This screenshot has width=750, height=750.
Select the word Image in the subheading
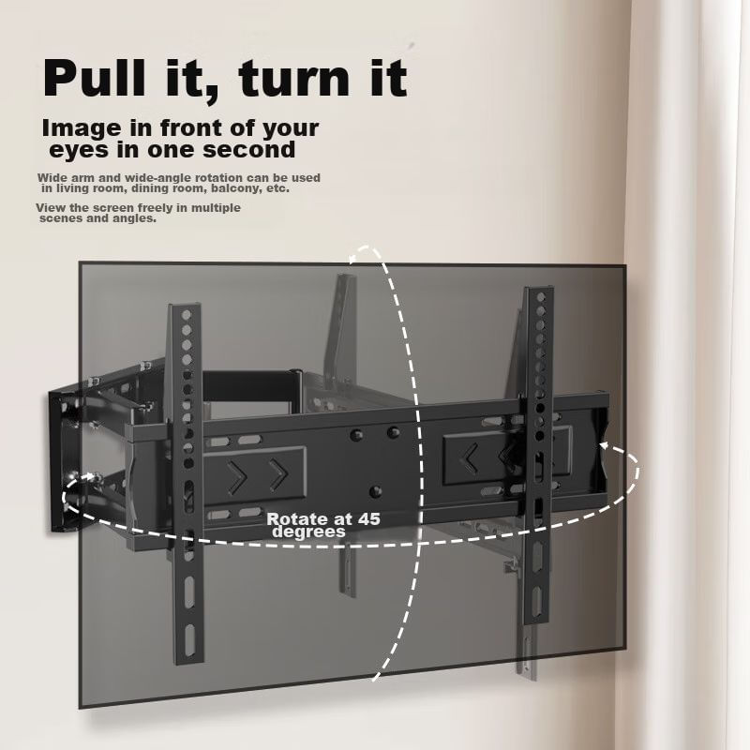[x=82, y=129]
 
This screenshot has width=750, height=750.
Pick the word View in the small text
[x=51, y=208]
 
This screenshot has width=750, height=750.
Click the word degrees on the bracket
[x=308, y=532]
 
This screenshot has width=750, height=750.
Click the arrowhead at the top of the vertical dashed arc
[x=353, y=259]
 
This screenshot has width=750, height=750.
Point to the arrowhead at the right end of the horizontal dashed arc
[x=605, y=445]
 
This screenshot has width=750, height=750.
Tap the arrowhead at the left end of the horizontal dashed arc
[x=88, y=477]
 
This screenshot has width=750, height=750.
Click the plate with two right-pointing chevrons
[x=255, y=474]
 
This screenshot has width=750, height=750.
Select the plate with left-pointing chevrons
[x=507, y=456]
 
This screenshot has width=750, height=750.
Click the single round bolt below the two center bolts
[x=376, y=490]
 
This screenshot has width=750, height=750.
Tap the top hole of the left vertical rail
[x=186, y=315]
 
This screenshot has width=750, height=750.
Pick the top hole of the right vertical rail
[x=541, y=298]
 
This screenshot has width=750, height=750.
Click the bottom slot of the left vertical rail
[x=190, y=638]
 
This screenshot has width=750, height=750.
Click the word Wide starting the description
[x=52, y=178]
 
